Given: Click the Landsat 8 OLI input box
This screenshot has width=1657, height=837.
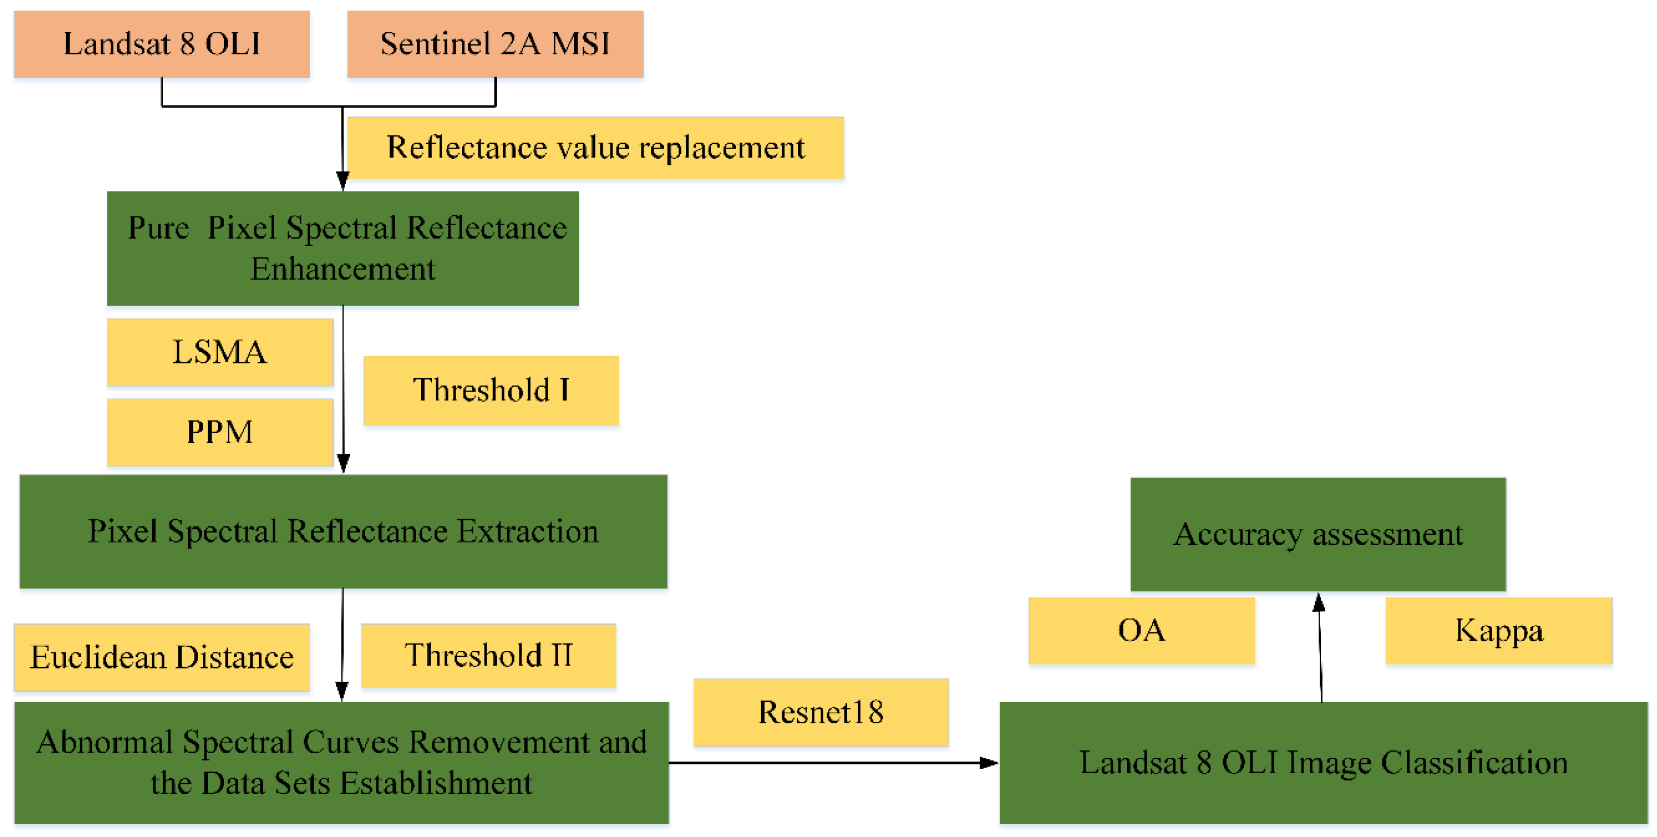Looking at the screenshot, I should pyautogui.click(x=162, y=44).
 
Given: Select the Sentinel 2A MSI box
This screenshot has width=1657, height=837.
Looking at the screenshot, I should pyautogui.click(x=495, y=44).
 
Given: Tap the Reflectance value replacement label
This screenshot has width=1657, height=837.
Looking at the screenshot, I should pyautogui.click(x=595, y=148).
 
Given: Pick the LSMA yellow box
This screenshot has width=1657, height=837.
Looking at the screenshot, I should pyautogui.click(x=220, y=352).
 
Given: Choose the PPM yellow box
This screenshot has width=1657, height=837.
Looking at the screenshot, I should pyautogui.click(x=220, y=432).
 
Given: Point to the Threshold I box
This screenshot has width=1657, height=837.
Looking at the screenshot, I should pyautogui.click(x=491, y=390).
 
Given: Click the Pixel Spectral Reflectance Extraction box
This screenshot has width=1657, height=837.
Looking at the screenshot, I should pyautogui.click(x=343, y=531).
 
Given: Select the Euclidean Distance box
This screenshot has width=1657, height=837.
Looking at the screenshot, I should pyautogui.click(x=162, y=657).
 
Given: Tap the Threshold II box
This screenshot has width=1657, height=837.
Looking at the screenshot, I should pyautogui.click(x=488, y=656).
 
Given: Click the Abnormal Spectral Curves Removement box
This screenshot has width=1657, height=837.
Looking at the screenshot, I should pyautogui.click(x=341, y=762).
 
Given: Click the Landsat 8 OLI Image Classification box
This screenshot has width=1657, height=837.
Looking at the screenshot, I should pyautogui.click(x=1323, y=762).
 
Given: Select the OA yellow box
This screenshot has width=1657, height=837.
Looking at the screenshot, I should pyautogui.click(x=1141, y=630).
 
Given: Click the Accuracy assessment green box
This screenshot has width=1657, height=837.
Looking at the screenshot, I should pyautogui.click(x=1318, y=534).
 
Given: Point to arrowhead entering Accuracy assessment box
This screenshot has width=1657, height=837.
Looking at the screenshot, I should pyautogui.click(x=1318, y=602).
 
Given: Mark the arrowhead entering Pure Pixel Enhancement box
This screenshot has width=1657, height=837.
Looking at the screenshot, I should pyautogui.click(x=343, y=181).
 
